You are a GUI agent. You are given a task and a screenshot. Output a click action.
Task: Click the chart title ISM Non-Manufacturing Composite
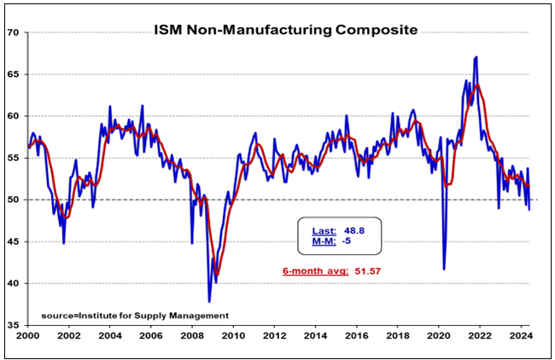click(x=286, y=30)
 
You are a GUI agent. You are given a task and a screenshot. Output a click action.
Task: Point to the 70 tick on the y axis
click(x=14, y=32)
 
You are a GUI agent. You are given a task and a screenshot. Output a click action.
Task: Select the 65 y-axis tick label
click(x=14, y=74)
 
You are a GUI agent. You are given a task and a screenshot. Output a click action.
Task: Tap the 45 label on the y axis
click(x=14, y=241)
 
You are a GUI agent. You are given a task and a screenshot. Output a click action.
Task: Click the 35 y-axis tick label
click(x=14, y=325)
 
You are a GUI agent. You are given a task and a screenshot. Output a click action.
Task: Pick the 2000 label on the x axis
click(x=28, y=337)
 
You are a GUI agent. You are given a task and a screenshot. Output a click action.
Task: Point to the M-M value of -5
click(x=348, y=241)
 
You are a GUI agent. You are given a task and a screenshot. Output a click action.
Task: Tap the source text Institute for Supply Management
click(x=141, y=316)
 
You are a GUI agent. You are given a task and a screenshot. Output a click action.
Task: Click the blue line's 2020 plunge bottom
click(x=444, y=269)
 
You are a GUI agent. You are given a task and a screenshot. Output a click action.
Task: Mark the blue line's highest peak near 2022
click(x=476, y=57)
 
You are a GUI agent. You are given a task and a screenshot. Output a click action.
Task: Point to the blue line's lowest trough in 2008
click(x=209, y=301)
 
